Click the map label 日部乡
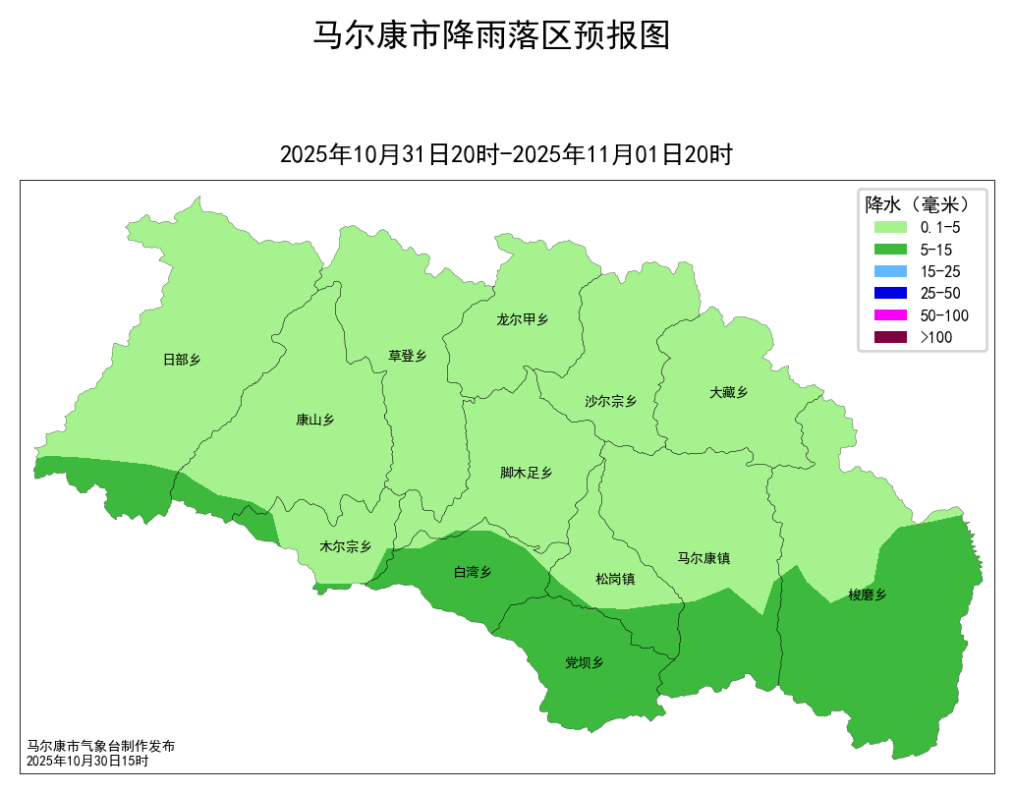(x=182, y=360)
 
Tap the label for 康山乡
(x=315, y=420)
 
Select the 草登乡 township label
(x=408, y=356)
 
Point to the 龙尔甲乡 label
(x=523, y=319)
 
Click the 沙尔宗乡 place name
(x=611, y=401)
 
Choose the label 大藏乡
(x=729, y=392)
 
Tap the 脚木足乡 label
(x=527, y=473)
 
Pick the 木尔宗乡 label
(x=346, y=546)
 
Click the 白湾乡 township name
(x=472, y=572)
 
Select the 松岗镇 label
(x=615, y=579)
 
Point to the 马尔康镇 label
(x=703, y=558)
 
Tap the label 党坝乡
(x=585, y=662)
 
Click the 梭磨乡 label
(x=868, y=595)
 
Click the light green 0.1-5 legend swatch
(x=890, y=227)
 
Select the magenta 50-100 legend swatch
(x=890, y=315)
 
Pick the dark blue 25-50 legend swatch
(x=890, y=293)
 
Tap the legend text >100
(x=936, y=337)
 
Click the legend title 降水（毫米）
(x=918, y=204)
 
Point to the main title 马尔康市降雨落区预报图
(x=491, y=35)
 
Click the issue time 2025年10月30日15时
(x=87, y=761)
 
